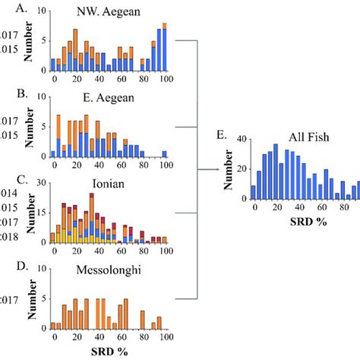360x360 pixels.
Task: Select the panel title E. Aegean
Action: (112, 99)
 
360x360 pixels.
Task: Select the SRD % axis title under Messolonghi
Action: (110, 352)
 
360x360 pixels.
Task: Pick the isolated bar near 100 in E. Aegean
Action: (164, 153)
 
